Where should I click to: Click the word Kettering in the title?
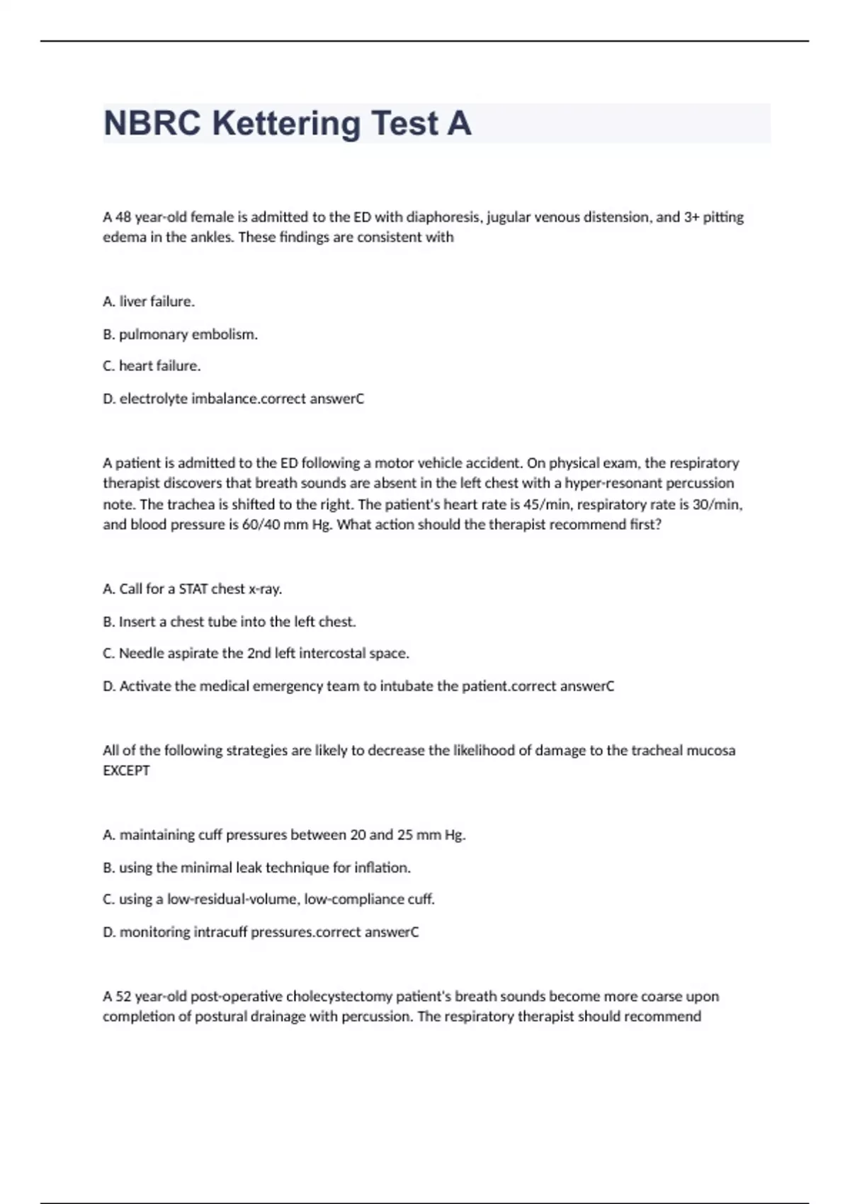(x=286, y=123)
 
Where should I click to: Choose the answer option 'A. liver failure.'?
(x=149, y=302)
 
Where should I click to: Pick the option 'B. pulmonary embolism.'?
(x=180, y=334)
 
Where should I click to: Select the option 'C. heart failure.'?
(x=152, y=366)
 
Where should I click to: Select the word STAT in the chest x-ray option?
(x=193, y=589)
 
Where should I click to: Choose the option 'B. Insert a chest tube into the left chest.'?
(x=229, y=622)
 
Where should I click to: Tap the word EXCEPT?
(x=126, y=771)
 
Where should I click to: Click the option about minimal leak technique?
(x=256, y=868)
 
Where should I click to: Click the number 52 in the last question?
(x=123, y=996)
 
